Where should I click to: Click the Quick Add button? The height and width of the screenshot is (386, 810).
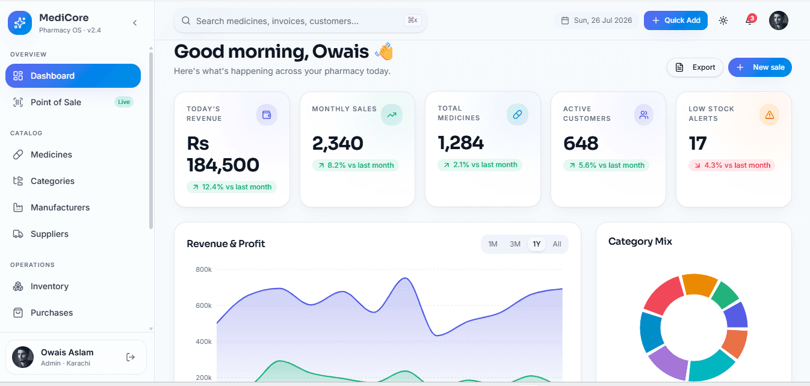tap(675, 20)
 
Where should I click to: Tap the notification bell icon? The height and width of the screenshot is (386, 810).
tap(749, 20)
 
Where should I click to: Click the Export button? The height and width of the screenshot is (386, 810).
tap(694, 67)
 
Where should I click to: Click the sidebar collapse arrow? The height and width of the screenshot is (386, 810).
tap(135, 23)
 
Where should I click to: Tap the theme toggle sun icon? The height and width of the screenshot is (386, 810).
tap(723, 20)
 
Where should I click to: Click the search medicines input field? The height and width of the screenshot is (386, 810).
tap(300, 20)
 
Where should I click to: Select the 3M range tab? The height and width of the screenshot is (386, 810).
tap(515, 244)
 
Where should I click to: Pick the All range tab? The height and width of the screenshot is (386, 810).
tap(557, 244)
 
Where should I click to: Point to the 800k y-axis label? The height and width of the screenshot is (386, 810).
tap(203, 269)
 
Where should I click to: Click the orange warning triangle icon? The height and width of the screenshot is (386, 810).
tap(770, 115)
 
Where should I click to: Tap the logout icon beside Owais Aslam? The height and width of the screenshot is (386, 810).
tap(131, 357)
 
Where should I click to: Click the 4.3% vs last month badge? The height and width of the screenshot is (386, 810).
tap(732, 165)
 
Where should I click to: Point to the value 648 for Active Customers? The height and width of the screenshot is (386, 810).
tap(581, 144)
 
